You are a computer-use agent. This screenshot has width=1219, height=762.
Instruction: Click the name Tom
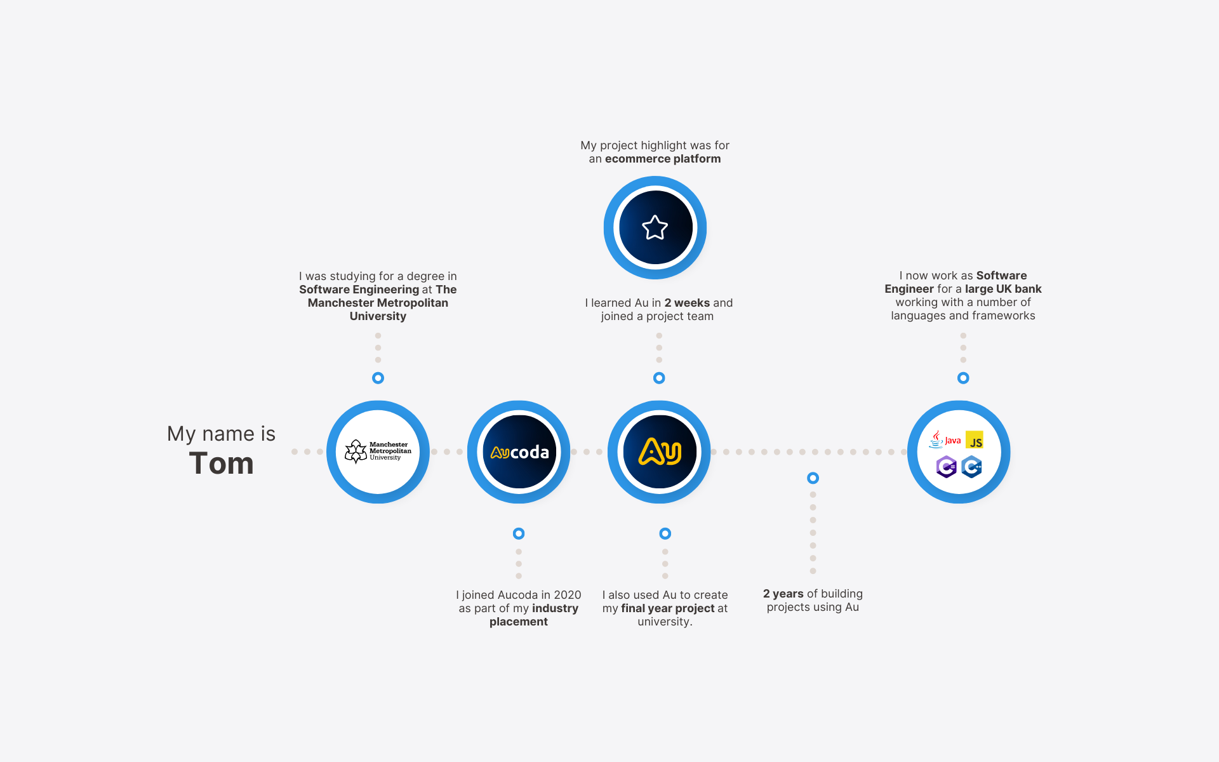pos(221,463)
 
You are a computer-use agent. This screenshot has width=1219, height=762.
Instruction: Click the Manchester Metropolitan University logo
pos(378,451)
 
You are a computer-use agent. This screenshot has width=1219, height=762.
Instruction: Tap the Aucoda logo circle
pos(519,452)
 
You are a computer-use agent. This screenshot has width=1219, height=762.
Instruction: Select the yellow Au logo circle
pos(659,452)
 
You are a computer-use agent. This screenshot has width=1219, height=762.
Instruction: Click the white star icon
pos(655,227)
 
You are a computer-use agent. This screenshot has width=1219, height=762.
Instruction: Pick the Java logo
pos(945,439)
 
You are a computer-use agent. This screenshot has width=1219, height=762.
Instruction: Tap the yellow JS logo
pos(975,439)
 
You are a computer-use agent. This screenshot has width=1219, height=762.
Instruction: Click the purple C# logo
pos(946,467)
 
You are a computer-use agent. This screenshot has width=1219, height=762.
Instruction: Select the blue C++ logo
pos(971,467)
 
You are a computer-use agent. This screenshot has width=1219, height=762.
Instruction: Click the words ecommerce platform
pos(663,159)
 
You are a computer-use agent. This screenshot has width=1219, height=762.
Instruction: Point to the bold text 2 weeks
pos(687,303)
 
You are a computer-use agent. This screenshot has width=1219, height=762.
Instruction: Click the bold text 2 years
pos(783,594)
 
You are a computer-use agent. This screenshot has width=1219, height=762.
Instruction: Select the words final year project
pos(668,608)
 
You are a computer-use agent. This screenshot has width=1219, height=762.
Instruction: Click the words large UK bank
pos(1003,289)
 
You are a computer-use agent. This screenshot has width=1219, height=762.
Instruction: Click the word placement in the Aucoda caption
pos(519,622)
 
